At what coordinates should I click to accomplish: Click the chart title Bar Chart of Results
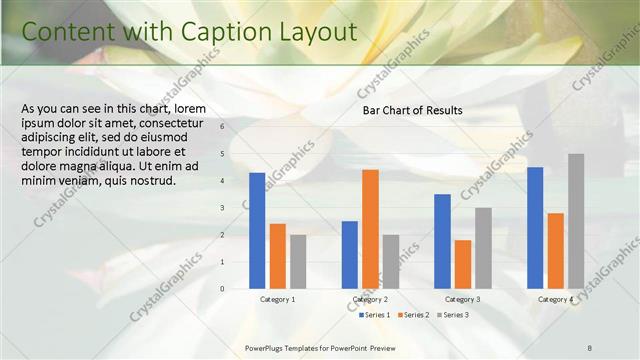(412, 110)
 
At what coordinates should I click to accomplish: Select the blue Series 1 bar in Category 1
(257, 231)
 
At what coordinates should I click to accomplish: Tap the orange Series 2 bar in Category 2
(370, 229)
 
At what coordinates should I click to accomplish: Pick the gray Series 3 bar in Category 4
(576, 221)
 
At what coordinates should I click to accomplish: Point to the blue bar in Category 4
(535, 228)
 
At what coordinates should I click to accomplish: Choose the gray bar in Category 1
(298, 262)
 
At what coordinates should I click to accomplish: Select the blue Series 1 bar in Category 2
(350, 255)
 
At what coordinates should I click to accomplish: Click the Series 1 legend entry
(374, 315)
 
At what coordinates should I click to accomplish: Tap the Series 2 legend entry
(413, 315)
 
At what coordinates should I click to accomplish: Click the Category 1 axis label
(277, 299)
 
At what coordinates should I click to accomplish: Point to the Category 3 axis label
(463, 299)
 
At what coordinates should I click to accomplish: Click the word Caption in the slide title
(199, 32)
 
